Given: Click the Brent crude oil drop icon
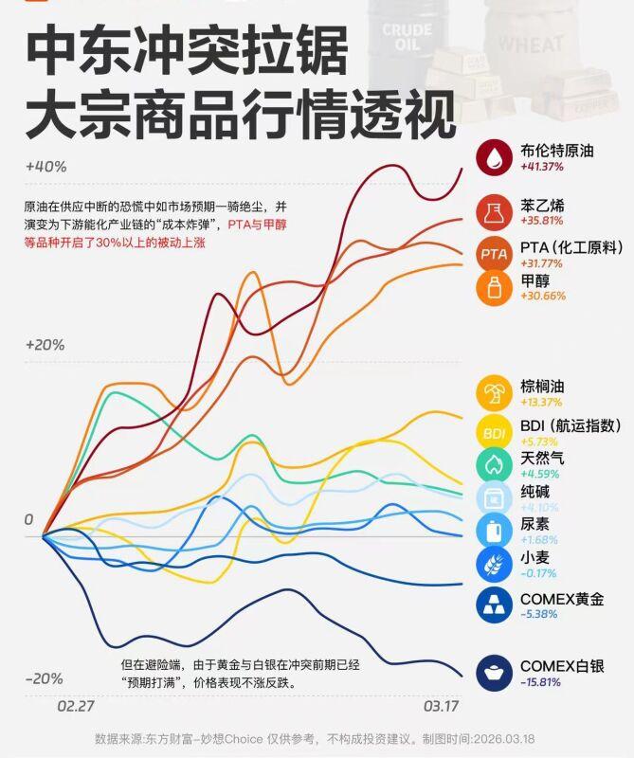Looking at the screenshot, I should click(x=494, y=158).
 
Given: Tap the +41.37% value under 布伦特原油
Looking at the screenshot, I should click(x=542, y=167).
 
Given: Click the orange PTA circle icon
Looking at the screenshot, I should click(x=494, y=254).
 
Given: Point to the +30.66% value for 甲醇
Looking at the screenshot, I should click(x=543, y=296).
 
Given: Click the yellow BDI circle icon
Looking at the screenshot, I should click(x=494, y=433).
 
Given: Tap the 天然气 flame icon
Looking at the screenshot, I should click(x=494, y=464).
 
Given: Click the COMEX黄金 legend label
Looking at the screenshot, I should click(x=562, y=599).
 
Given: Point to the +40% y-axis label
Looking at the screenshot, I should click(x=45, y=167).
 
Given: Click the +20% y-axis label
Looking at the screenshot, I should click(x=45, y=345).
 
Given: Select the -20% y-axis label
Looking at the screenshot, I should click(x=45, y=679).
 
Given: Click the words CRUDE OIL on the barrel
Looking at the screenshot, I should click(x=407, y=37).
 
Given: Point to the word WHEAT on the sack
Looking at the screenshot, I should click(x=531, y=45).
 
